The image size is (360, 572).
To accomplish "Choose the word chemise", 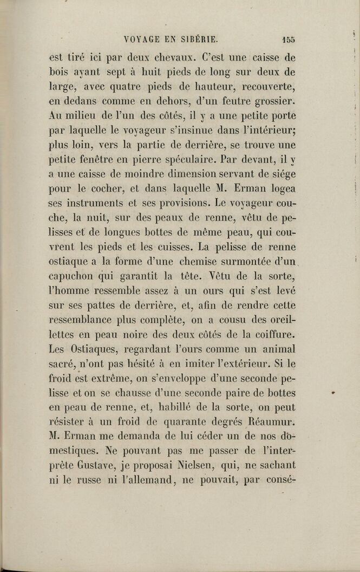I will click(x=186, y=263).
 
